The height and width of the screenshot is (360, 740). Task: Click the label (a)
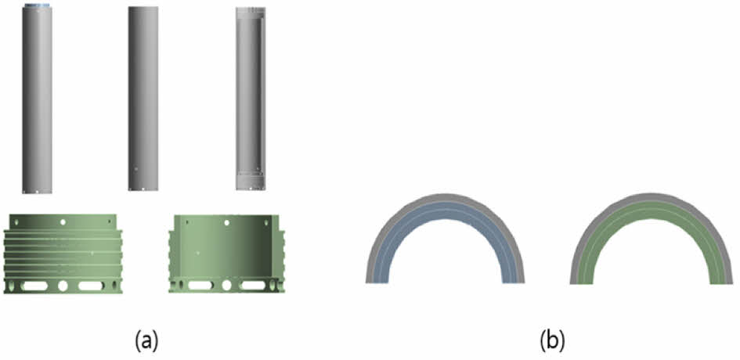(146, 340)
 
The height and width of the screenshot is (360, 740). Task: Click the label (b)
(552, 340)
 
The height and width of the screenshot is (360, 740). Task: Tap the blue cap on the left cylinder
(37, 6)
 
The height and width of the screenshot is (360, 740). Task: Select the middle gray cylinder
(143, 99)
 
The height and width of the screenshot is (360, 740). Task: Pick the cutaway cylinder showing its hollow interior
(251, 99)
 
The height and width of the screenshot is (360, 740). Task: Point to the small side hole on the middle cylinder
(136, 168)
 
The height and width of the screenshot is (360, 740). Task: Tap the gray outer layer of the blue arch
(445, 197)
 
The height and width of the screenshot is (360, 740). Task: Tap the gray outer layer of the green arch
(651, 196)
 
